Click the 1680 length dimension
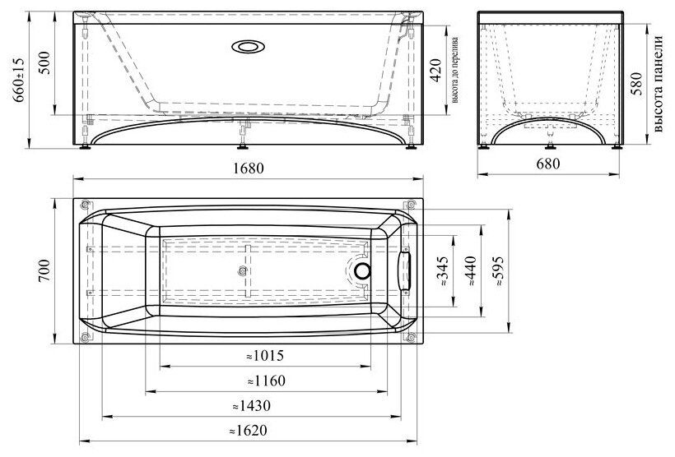click(249, 168)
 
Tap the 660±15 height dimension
click(19, 80)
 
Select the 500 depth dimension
click(44, 62)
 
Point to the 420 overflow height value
click(435, 71)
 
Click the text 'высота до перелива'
click(454, 70)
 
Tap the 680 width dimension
click(548, 164)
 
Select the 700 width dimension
click(44, 271)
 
